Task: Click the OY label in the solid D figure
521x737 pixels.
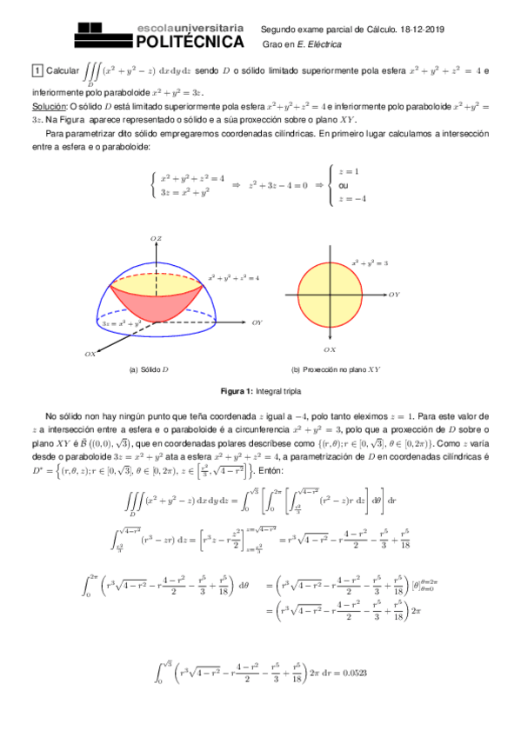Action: point(257,322)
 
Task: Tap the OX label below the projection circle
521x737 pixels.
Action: point(329,349)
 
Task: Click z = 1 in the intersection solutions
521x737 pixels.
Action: point(349,172)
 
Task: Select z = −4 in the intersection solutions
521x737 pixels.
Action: point(352,199)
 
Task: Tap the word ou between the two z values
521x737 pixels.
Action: point(344,185)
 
